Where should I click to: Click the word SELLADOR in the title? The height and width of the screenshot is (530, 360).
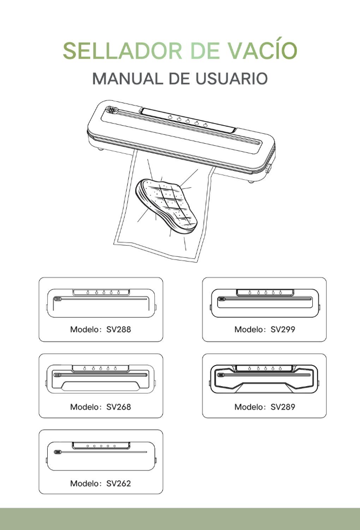(x=122, y=51)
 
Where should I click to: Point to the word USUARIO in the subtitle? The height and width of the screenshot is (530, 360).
(x=231, y=79)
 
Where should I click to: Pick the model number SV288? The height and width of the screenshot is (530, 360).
(x=119, y=329)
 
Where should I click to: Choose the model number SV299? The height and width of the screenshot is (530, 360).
(x=283, y=329)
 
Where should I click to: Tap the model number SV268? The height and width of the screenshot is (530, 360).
(x=119, y=406)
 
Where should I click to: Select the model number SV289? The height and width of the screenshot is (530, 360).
(x=283, y=406)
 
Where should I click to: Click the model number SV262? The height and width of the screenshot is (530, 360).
(x=119, y=483)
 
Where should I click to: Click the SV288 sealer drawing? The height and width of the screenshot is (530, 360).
(x=101, y=303)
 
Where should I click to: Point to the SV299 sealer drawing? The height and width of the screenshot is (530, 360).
(x=265, y=303)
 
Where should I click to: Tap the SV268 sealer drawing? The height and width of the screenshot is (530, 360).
(x=101, y=379)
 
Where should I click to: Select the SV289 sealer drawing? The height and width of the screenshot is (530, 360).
(x=265, y=379)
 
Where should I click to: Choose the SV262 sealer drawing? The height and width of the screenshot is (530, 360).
(x=101, y=456)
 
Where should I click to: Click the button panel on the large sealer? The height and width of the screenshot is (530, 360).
(x=188, y=120)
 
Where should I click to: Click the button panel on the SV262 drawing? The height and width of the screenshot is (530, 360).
(x=101, y=446)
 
